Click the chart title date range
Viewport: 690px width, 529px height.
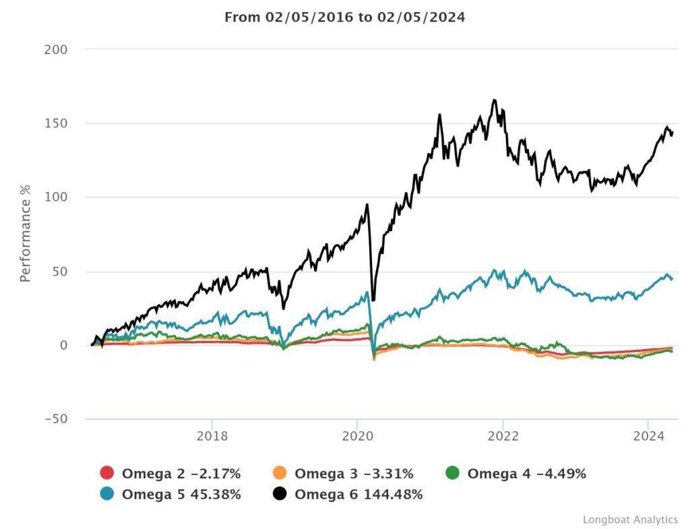coord(344,17)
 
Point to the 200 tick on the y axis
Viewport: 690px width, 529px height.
coord(57,50)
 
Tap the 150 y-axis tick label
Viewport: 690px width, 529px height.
coord(57,124)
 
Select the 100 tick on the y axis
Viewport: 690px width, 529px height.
coord(57,197)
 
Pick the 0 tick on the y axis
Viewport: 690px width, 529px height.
coord(64,345)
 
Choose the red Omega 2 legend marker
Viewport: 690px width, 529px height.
coord(107,473)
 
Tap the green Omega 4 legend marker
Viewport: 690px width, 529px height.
coord(453,473)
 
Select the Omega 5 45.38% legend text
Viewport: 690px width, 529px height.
coord(181,494)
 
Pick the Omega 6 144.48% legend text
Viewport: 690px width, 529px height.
coord(358,494)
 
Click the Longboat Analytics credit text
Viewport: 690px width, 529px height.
coord(630,519)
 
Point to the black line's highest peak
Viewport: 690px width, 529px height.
coord(495,100)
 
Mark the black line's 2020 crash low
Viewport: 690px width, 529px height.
coord(373,300)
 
